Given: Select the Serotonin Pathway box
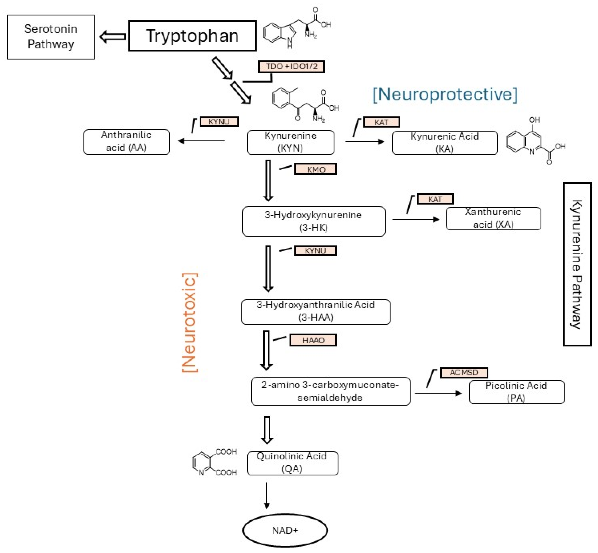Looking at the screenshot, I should click(51, 37).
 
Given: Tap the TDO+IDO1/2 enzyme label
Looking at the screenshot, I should click(291, 66).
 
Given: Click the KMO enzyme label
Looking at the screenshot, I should click(315, 169).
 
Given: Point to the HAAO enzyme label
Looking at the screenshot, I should click(313, 340).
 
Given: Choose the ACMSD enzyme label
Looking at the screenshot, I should click(464, 373).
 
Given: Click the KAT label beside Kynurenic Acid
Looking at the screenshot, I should click(381, 122).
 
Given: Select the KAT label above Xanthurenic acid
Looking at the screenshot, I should click(435, 199).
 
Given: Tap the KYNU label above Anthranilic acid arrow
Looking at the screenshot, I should click(219, 122).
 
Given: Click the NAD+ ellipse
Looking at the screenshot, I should click(285, 530).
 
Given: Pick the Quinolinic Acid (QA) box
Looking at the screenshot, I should click(292, 463).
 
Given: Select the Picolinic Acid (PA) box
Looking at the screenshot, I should click(516, 392).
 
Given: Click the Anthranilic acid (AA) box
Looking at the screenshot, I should click(127, 142).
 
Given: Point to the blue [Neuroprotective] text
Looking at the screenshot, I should click(445, 95).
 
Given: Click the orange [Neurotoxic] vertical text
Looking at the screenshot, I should click(189, 322).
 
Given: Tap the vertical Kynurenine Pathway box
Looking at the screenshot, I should click(577, 264).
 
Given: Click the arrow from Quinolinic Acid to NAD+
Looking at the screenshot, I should click(266, 495).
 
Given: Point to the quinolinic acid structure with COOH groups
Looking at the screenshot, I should click(214, 462).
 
